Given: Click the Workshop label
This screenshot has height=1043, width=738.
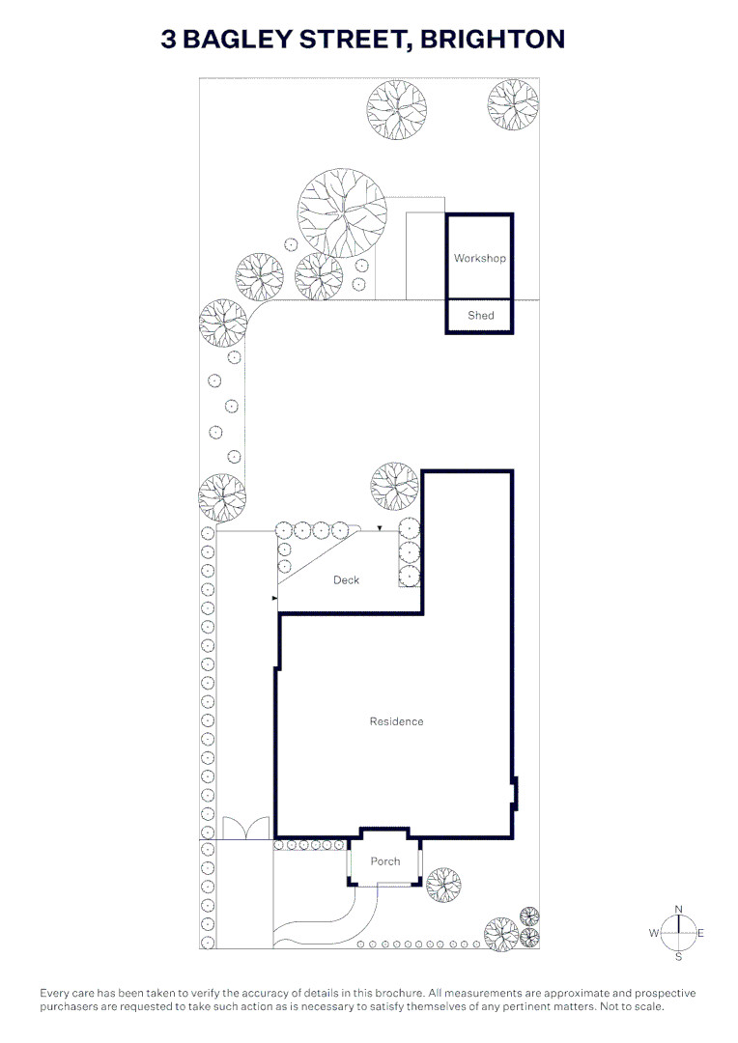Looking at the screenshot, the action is pyautogui.click(x=479, y=258).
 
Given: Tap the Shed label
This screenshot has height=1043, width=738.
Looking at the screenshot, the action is pyautogui.click(x=480, y=315).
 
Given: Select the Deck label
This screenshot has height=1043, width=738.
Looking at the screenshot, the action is pyautogui.click(x=346, y=580).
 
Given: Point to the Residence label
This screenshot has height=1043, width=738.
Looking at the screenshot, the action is pyautogui.click(x=397, y=721).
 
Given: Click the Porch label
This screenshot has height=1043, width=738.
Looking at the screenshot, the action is pyautogui.click(x=385, y=860).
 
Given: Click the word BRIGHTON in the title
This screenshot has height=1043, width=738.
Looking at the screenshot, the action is pyautogui.click(x=493, y=40).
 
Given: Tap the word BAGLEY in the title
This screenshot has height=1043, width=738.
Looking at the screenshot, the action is pyautogui.click(x=237, y=40).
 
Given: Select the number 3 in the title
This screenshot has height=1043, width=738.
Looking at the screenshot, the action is pyautogui.click(x=168, y=40).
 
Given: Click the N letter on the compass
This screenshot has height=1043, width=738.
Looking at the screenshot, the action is pyautogui.click(x=679, y=910).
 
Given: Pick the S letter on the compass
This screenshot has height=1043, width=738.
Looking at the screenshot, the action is pyautogui.click(x=679, y=956).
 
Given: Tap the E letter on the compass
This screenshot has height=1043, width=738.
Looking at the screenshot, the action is pyautogui.click(x=700, y=933).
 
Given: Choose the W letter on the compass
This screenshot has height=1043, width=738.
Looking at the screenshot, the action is pyautogui.click(x=654, y=933).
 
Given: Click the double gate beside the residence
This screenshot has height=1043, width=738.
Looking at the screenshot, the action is pyautogui.click(x=246, y=828).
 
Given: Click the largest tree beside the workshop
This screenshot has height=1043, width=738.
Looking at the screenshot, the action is pyautogui.click(x=342, y=213).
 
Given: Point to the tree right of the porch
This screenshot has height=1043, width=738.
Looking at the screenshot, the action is pyautogui.click(x=443, y=885).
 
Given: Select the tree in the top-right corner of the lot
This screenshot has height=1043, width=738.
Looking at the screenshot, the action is pyautogui.click(x=512, y=105).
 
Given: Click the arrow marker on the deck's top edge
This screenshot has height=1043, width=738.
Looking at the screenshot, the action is pyautogui.click(x=380, y=528).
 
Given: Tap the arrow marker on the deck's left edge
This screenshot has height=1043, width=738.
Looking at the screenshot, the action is pyautogui.click(x=274, y=600).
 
